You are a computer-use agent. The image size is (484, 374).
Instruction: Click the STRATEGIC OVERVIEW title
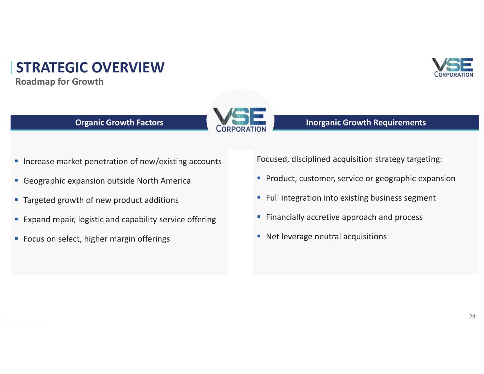pyautogui.click(x=90, y=67)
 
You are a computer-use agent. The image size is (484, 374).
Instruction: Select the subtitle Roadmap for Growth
pyautogui.click(x=60, y=82)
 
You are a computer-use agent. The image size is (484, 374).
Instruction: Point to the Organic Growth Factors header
pyautogui.click(x=119, y=122)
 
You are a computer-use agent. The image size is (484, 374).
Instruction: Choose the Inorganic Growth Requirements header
pyautogui.click(x=366, y=122)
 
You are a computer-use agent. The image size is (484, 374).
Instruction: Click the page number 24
pyautogui.click(x=472, y=316)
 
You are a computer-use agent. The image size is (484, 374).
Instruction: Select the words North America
pyautogui.click(x=164, y=181)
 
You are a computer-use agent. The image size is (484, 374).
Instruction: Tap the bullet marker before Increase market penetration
pyautogui.click(x=16, y=161)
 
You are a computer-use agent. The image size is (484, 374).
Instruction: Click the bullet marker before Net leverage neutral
pyautogui.click(x=258, y=236)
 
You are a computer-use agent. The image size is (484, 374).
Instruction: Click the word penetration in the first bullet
pyautogui.click(x=106, y=162)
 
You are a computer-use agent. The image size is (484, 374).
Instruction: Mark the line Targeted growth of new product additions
pyautogui.click(x=101, y=200)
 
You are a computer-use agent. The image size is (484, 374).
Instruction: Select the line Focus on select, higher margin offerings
pyautogui.click(x=97, y=239)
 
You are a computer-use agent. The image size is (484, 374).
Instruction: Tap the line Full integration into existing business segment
pyautogui.click(x=351, y=198)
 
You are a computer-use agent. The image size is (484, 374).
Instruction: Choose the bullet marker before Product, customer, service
pyautogui.click(x=258, y=178)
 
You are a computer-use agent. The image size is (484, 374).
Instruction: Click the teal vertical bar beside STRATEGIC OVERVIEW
pyautogui.click(x=11, y=67)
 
